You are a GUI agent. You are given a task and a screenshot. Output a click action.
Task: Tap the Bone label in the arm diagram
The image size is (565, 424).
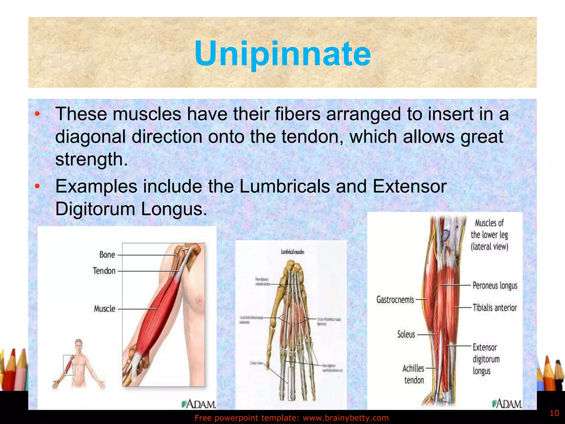[107, 255]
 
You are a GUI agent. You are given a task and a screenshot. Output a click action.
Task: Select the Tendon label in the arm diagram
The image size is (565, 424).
[104, 271]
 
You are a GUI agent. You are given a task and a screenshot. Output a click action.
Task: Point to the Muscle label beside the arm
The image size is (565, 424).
[105, 309]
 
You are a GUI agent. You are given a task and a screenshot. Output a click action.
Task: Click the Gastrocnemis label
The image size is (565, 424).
[395, 300]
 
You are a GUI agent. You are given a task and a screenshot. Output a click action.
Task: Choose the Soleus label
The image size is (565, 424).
[406, 334]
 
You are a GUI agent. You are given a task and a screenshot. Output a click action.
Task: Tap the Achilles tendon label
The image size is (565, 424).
[413, 374]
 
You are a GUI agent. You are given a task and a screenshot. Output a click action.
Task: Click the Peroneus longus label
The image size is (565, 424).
[495, 285]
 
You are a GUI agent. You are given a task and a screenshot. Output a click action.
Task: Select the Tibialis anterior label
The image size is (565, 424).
[495, 308]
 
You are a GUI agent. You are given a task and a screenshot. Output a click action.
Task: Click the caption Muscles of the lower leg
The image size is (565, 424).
[489, 235]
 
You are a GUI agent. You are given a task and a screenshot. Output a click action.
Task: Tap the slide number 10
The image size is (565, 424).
[554, 413]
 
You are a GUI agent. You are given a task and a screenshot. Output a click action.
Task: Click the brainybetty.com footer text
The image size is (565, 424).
[292, 418]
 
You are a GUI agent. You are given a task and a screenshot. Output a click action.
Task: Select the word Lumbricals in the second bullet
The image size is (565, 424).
[284, 186]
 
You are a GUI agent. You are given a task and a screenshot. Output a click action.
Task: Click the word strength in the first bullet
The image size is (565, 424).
[92, 159]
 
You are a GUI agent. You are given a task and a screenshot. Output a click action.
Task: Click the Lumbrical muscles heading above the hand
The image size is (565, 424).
[292, 252]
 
